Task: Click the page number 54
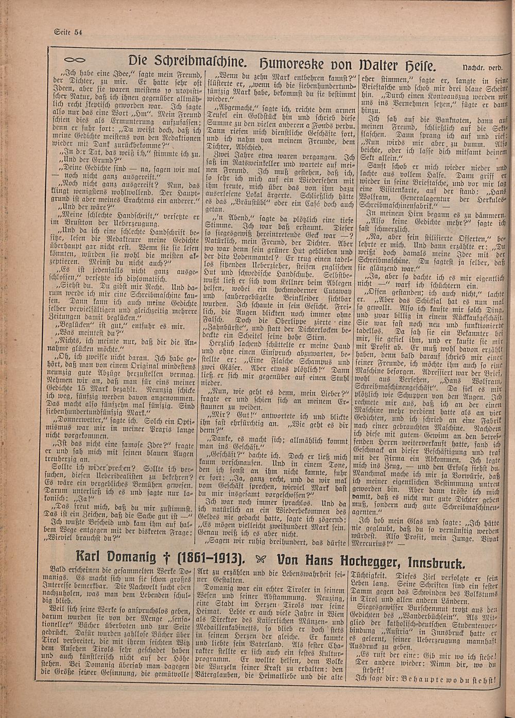tap(78, 32)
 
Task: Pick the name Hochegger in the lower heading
tap(372, 559)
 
